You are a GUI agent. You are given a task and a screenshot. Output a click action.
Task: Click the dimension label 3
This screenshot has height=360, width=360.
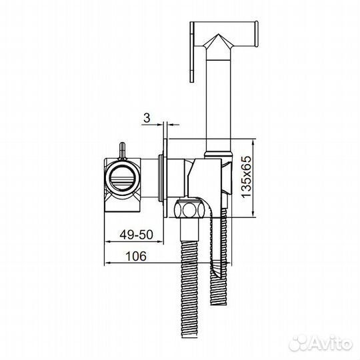tap(147, 118)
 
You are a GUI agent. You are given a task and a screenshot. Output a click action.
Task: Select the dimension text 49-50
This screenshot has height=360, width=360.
tap(137, 235)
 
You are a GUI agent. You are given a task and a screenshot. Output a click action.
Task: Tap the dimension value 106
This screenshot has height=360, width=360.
tap(136, 256)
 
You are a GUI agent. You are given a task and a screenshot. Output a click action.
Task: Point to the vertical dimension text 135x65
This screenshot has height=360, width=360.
tap(247, 177)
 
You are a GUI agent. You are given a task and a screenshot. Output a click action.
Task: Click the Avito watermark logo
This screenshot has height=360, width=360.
tap(321, 344)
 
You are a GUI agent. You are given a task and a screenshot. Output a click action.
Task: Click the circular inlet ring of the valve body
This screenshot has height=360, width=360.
tap(122, 178)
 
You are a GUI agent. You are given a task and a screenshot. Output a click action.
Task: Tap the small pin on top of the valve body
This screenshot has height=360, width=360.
tap(122, 151)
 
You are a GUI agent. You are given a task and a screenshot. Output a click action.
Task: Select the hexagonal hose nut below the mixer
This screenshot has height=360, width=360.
tap(188, 209)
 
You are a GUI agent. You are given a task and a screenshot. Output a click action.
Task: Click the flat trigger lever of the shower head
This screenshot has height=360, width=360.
tap(192, 52)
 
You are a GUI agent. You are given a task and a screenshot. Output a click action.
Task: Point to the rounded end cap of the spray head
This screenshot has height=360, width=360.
tap(257, 34)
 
